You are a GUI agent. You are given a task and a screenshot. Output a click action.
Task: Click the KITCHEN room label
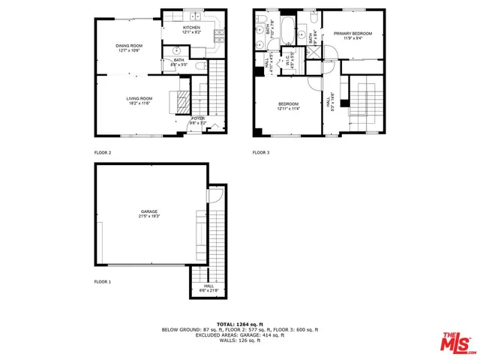pyautogui.click(x=190, y=27)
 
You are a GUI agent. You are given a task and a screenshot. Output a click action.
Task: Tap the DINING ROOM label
pyautogui.click(x=129, y=46)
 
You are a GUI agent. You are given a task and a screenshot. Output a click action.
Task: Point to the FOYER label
pyautogui.click(x=197, y=118)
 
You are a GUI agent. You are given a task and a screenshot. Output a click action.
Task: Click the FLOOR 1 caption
pyautogui.click(x=102, y=281)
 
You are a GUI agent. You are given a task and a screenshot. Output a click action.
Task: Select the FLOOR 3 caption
pyautogui.click(x=260, y=152)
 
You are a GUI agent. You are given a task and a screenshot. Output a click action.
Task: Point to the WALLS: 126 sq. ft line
pyautogui.click(x=240, y=340)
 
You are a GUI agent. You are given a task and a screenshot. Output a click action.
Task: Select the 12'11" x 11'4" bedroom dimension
pyautogui.click(x=289, y=109)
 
